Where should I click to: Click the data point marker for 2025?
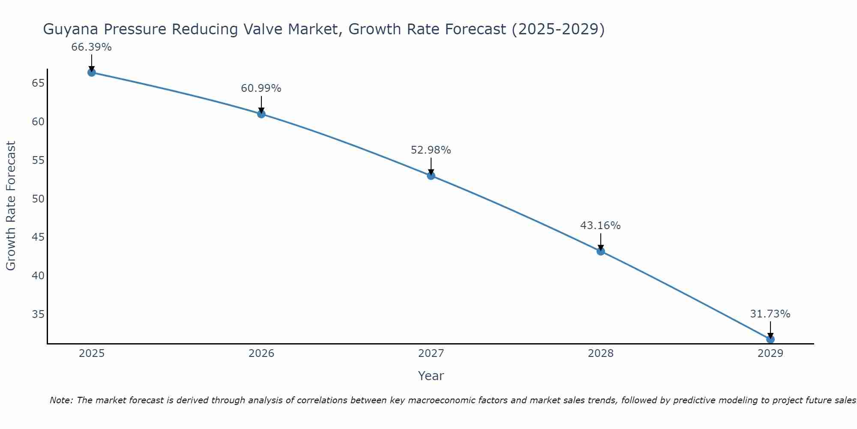click(x=91, y=73)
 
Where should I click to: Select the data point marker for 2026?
click(x=261, y=114)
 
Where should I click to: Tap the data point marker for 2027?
click(x=431, y=175)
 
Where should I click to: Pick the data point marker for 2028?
click(x=601, y=251)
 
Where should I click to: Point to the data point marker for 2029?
click(x=770, y=339)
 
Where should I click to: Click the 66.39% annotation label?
click(x=91, y=47)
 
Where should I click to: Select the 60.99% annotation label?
click(x=261, y=88)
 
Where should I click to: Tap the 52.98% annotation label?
click(x=431, y=150)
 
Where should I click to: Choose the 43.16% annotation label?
click(x=600, y=226)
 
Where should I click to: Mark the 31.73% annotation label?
click(x=770, y=314)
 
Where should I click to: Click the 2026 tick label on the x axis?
click(x=261, y=353)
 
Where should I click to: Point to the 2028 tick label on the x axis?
click(x=601, y=353)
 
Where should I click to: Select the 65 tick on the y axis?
click(x=38, y=83)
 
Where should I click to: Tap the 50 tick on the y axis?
click(x=38, y=199)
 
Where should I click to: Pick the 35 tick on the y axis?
click(x=38, y=314)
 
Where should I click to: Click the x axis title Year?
click(x=431, y=376)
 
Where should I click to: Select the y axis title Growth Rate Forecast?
click(x=11, y=206)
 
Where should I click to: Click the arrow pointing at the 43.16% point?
click(x=601, y=241)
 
